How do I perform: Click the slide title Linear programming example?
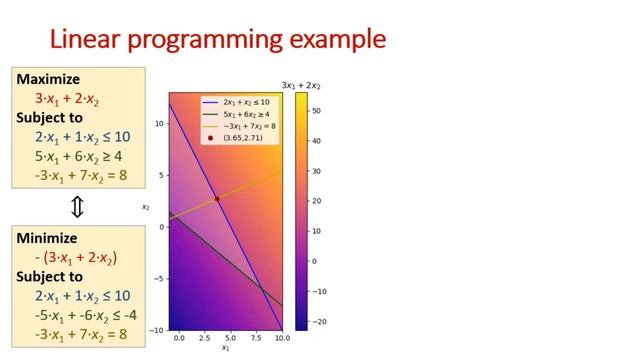pos(217,39)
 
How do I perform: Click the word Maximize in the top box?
pos(48,79)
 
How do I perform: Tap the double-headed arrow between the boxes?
pos(77,207)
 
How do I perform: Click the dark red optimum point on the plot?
pos(217,199)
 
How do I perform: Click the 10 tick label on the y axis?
pos(159,122)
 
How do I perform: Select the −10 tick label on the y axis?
pos(157,330)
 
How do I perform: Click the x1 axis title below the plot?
pos(225,349)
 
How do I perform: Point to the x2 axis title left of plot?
pos(145,208)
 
